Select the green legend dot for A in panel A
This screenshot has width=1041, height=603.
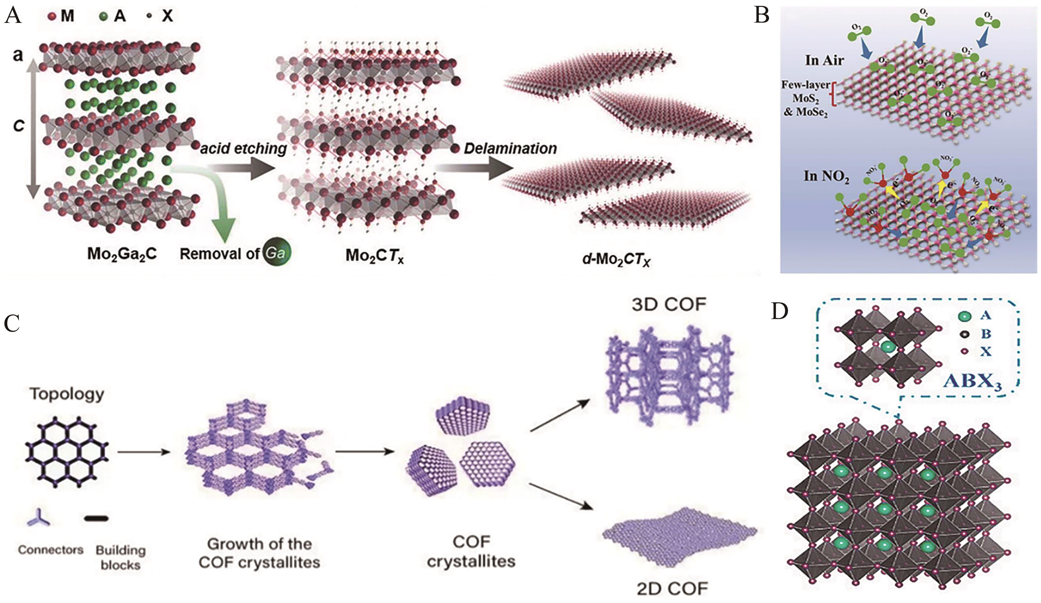click(x=104, y=16)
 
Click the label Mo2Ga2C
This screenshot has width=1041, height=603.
click(x=122, y=253)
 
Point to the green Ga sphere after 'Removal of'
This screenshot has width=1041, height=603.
click(x=276, y=253)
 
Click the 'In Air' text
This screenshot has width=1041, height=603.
click(x=824, y=60)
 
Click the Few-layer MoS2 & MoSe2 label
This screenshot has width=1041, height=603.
click(x=805, y=98)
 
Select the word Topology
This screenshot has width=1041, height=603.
click(x=67, y=394)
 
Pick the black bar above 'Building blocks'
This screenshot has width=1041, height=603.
click(x=97, y=518)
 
